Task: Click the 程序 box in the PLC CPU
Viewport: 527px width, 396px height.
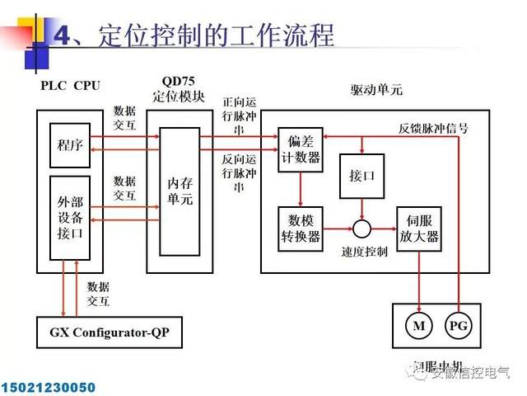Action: point(70,145)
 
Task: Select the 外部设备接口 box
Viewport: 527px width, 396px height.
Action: point(70,218)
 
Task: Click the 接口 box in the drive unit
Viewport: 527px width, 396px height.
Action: point(357,176)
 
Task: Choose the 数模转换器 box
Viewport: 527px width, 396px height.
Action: point(299,228)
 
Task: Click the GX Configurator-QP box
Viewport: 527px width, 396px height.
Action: point(109,333)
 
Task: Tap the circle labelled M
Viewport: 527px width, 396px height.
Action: point(420,325)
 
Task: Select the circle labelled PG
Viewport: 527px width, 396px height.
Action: point(459,325)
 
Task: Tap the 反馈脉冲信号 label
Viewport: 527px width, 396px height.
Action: point(433,129)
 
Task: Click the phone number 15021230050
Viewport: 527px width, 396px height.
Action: point(49,386)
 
